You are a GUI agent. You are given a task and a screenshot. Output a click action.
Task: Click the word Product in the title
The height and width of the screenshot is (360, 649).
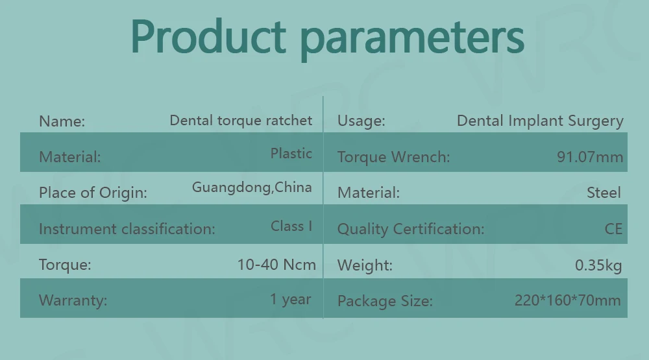208,36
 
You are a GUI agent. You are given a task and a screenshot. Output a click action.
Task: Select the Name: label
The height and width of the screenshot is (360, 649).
62,121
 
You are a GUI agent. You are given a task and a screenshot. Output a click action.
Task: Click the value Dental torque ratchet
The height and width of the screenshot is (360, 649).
241,121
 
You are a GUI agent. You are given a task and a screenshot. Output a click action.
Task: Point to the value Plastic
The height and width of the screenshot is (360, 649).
291,154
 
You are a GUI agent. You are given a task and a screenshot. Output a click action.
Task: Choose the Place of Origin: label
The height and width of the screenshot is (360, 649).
93,193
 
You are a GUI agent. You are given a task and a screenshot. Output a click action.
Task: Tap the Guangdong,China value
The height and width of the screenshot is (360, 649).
252,187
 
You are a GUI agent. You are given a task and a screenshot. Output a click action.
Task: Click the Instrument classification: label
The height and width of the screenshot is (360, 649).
127,229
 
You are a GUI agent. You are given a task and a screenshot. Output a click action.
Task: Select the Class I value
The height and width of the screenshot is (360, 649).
291,226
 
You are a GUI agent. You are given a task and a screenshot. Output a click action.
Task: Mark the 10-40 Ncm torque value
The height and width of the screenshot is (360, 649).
276,265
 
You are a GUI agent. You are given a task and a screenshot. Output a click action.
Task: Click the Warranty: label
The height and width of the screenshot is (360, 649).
73,300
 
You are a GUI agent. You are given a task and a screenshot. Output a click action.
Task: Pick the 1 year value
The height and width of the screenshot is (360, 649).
291,299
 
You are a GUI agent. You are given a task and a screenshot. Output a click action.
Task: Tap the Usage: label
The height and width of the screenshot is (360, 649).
361,121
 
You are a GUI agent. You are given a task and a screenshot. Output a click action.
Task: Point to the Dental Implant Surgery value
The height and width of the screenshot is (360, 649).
540,121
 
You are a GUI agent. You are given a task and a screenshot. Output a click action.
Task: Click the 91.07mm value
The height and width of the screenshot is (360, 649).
590,157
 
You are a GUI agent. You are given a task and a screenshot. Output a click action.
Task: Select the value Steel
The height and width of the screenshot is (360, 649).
604,193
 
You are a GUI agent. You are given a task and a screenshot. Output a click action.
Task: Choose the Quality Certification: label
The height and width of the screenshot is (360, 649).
411,229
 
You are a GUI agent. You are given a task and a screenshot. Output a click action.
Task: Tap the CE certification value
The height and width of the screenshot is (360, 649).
613,229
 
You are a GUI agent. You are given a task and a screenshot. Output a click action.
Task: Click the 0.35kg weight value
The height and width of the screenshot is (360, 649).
598,265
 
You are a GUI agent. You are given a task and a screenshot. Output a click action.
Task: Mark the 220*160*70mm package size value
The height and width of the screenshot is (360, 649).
567,300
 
